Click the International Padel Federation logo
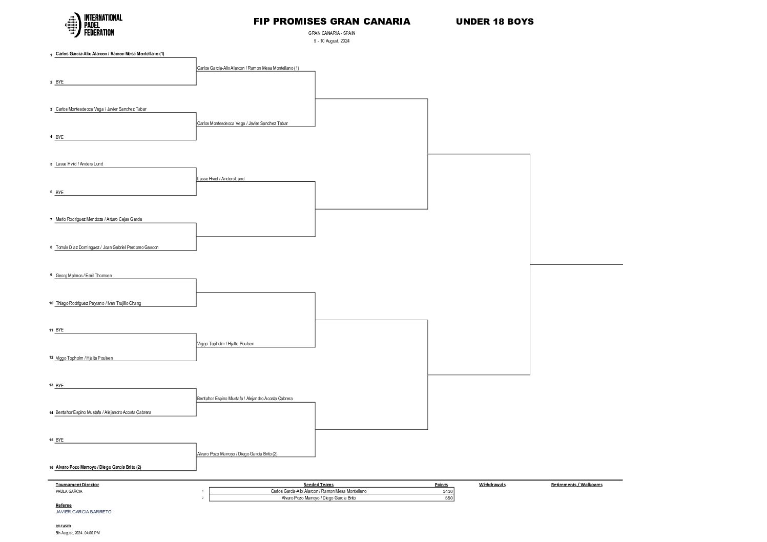coord(94,25)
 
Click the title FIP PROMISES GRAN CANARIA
coord(331,22)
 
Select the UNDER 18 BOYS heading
coord(494,22)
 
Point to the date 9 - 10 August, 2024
coord(331,41)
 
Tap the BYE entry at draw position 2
coord(59,82)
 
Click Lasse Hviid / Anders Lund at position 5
coord(79,164)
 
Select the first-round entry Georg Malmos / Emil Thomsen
coord(84,276)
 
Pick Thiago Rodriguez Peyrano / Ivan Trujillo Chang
coord(98,303)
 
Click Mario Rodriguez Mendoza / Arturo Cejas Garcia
coord(99,219)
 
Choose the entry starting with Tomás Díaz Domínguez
coord(107,247)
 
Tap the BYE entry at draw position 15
coord(59,440)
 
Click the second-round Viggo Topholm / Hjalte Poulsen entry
coord(225,344)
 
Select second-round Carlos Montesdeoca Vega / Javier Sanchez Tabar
coord(242,123)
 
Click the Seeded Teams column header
coord(318,485)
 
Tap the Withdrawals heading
coord(492,485)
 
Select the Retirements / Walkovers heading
coord(576,485)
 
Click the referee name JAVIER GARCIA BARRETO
coord(83,512)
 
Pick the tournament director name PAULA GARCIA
coord(69,491)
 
